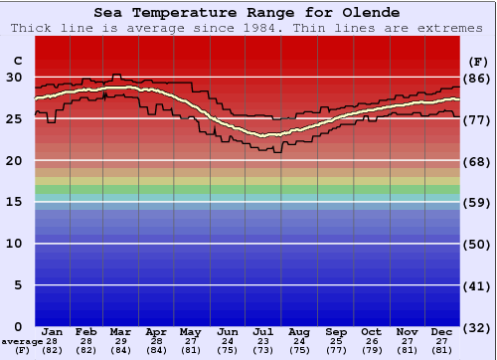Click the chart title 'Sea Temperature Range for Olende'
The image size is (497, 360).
click(x=248, y=13)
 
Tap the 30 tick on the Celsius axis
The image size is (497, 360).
click(x=14, y=77)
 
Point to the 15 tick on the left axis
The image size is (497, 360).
click(x=14, y=202)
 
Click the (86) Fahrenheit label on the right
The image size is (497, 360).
click(x=477, y=78)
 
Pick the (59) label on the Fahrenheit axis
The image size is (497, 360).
click(x=477, y=202)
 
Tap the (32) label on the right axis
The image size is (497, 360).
click(x=477, y=327)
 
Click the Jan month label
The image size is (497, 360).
click(x=53, y=332)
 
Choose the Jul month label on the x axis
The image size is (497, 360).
click(x=263, y=332)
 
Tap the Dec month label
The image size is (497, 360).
click(x=442, y=332)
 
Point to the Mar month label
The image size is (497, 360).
click(x=121, y=332)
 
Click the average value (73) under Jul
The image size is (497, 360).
click(x=263, y=350)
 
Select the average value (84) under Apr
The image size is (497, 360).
click(x=157, y=350)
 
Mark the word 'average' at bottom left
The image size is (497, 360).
click(x=22, y=341)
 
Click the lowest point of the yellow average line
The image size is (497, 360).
click(x=264, y=135)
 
